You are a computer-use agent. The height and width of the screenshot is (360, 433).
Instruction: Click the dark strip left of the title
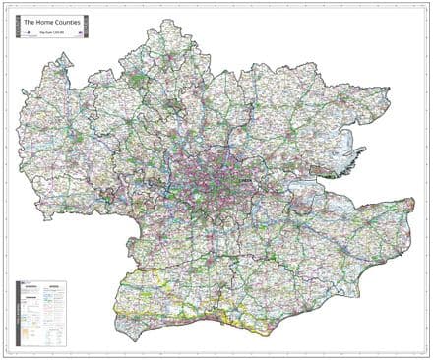pyautogui.click(x=19, y=24)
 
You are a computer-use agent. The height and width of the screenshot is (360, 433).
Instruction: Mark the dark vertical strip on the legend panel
pyautogui.click(x=19, y=311)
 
